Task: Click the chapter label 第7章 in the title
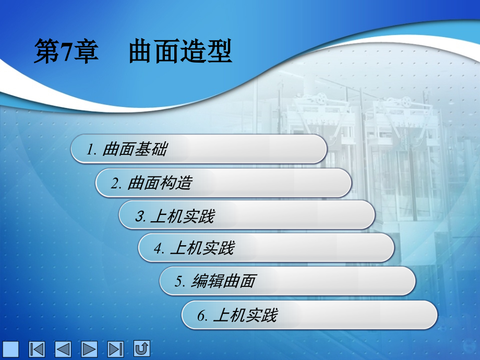(x=66, y=53)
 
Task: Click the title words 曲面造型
(x=179, y=53)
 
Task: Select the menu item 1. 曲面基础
(x=199, y=149)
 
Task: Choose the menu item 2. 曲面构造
(x=223, y=183)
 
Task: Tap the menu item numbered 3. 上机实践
(x=247, y=215)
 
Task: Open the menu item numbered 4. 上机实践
(x=266, y=247)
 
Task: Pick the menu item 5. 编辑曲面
(x=287, y=281)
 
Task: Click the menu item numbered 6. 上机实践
(x=309, y=315)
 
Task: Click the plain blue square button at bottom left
(x=10, y=349)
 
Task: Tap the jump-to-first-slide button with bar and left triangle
(x=37, y=349)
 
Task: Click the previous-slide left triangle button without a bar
(x=63, y=349)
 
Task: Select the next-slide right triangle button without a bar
(x=89, y=349)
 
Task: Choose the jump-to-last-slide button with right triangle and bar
(x=115, y=349)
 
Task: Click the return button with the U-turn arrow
(x=142, y=348)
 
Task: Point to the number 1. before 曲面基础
(x=92, y=150)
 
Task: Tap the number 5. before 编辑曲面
(x=181, y=282)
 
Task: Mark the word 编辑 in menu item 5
(x=208, y=282)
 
